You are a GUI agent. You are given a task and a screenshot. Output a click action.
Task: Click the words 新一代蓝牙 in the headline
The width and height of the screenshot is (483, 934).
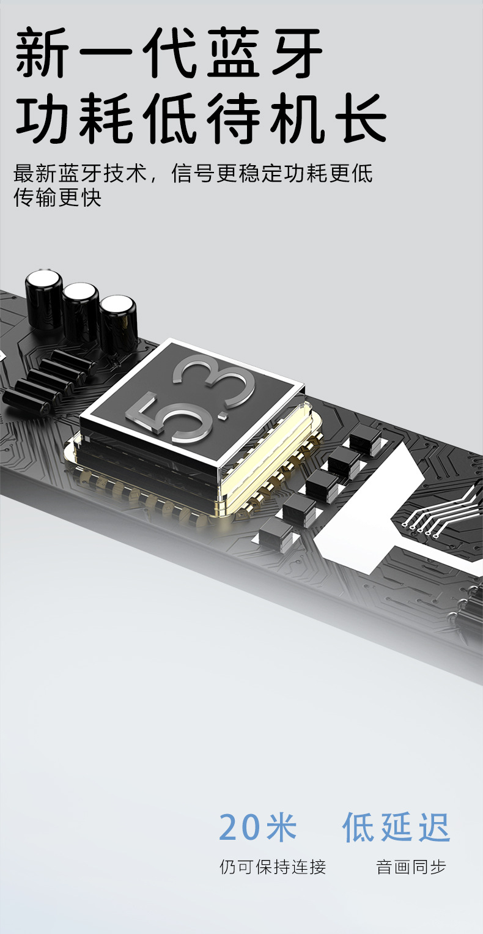click(x=169, y=53)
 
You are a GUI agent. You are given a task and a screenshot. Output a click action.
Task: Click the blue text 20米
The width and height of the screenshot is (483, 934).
click(x=257, y=827)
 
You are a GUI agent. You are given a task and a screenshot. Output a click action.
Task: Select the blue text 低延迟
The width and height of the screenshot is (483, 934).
click(x=396, y=827)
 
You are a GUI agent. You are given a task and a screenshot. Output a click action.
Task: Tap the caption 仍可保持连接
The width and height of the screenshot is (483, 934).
click(x=273, y=867)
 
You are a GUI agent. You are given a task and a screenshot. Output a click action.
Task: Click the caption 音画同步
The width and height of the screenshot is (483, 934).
click(x=411, y=867)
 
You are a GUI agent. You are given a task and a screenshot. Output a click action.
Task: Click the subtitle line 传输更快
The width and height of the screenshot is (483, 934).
click(x=57, y=197)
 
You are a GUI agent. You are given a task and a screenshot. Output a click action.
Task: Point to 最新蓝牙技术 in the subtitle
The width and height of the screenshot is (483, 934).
click(x=80, y=173)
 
